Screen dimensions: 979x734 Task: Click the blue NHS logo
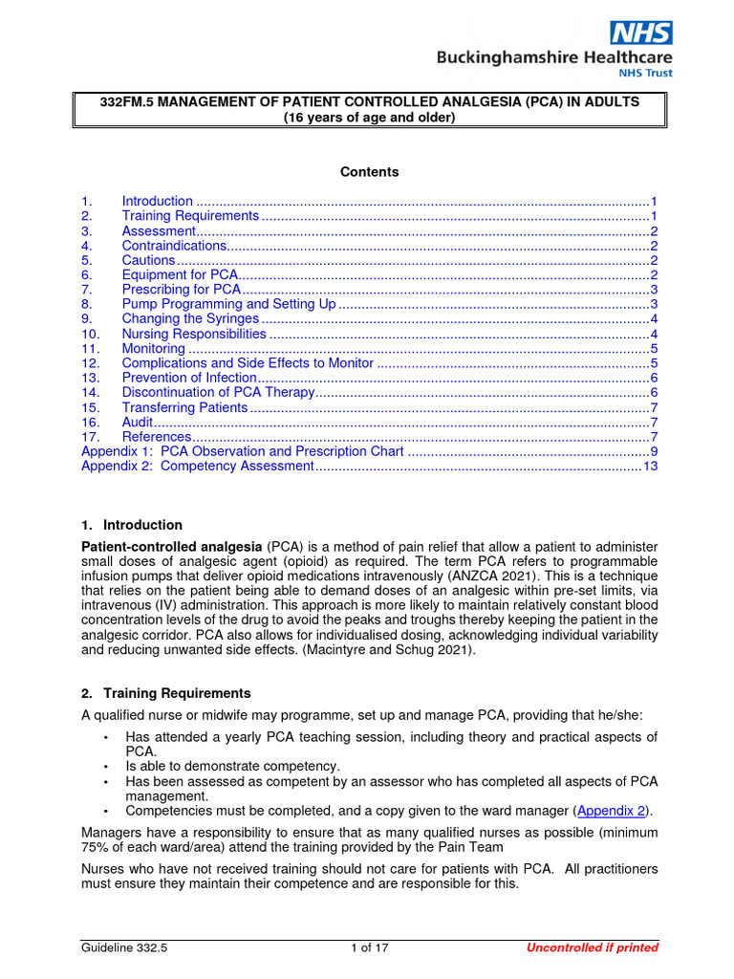pyautogui.click(x=641, y=33)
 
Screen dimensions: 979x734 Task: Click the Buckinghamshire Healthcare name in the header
pyautogui.click(x=554, y=58)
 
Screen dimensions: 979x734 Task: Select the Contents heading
pyautogui.click(x=370, y=172)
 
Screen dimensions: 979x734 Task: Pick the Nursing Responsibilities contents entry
pyautogui.click(x=194, y=334)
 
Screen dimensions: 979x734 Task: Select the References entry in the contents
pyautogui.click(x=157, y=437)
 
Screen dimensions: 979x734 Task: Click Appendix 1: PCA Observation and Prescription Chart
pyautogui.click(x=243, y=451)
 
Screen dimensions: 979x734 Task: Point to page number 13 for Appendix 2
pyautogui.click(x=651, y=466)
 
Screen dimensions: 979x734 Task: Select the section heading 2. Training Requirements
pyautogui.click(x=166, y=693)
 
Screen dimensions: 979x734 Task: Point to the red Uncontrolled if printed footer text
pyautogui.click(x=593, y=947)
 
